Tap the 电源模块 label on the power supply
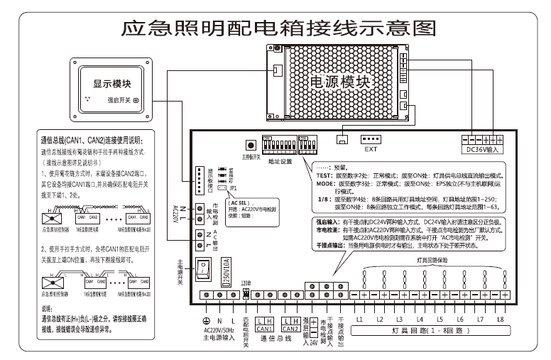[341, 82]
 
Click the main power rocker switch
[204, 268]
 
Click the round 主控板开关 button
[250, 144]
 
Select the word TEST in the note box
[326, 174]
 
